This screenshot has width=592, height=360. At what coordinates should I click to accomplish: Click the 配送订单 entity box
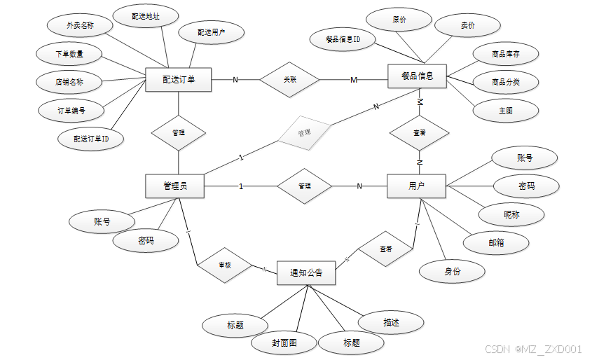coord(178,79)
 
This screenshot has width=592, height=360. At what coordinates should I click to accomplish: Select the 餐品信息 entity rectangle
coord(418,76)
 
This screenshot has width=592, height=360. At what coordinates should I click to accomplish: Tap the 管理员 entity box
coord(174,186)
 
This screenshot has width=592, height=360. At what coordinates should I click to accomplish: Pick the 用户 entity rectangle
coord(416,186)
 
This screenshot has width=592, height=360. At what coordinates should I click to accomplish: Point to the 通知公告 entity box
coord(306,272)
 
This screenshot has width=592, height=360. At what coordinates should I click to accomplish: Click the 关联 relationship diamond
coord(290,79)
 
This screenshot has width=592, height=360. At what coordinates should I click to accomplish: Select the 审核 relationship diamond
coord(225,265)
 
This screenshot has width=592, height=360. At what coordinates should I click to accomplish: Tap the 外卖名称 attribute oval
coord(80,25)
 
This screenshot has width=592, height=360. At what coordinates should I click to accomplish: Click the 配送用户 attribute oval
coord(211,32)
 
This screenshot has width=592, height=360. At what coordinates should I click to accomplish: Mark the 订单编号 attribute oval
coord(71,110)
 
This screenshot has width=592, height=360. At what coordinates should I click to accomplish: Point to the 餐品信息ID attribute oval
coord(343,39)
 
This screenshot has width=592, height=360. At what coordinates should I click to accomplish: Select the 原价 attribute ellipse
coord(399,20)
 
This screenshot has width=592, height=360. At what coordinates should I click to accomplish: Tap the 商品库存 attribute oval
coord(505,54)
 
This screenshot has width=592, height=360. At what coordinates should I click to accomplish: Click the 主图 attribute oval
coord(505,110)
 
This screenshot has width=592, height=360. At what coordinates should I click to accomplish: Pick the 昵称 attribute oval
coord(512,214)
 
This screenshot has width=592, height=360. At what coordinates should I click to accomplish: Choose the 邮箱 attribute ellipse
coord(496,242)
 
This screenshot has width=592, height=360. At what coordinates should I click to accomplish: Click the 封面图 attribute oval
coord(284,343)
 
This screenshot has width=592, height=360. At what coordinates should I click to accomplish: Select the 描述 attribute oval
coord(391,322)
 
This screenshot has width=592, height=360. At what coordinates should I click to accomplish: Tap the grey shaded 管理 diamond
coord(303,132)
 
